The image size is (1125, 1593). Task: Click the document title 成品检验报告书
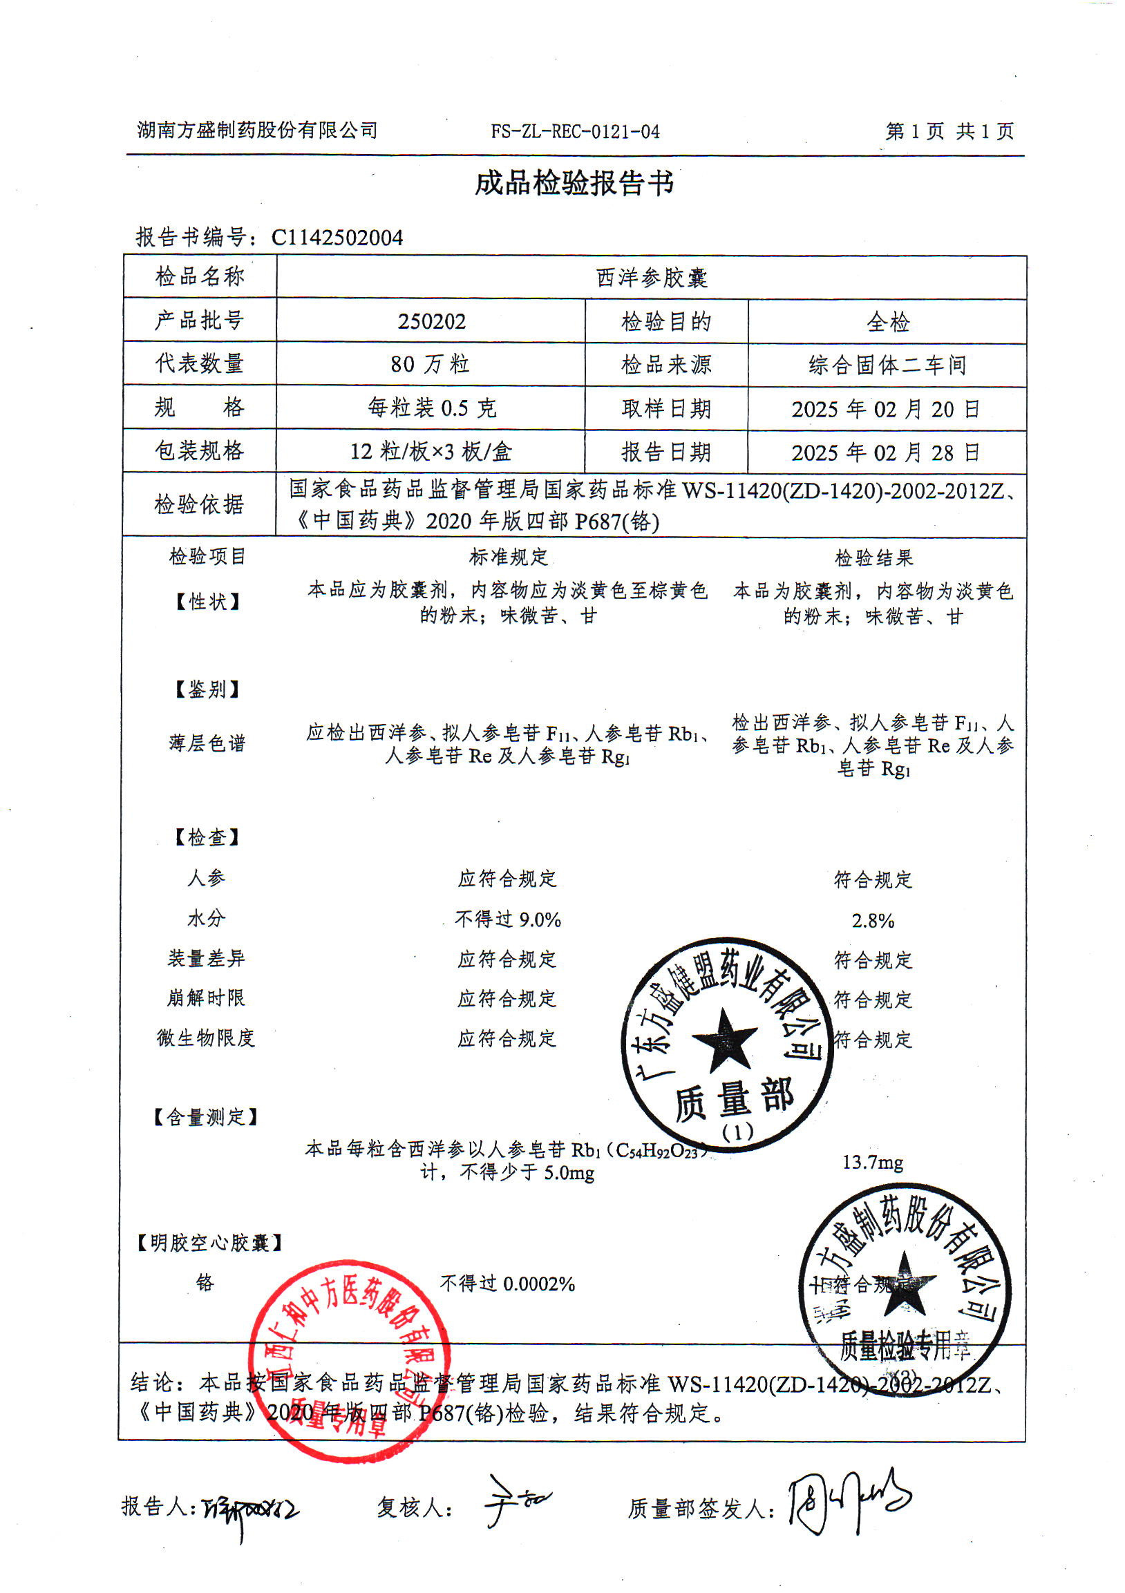(574, 184)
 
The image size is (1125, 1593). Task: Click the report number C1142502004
(337, 238)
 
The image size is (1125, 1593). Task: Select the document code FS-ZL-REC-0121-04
(575, 132)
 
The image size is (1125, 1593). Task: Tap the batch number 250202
(431, 321)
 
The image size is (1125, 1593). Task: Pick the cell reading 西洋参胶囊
(651, 278)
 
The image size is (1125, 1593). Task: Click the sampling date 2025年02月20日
(886, 410)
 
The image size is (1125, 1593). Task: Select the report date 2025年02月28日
(886, 453)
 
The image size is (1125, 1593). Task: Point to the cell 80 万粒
(431, 364)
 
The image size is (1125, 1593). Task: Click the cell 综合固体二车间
(887, 365)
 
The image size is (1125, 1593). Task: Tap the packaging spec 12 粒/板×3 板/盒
(431, 452)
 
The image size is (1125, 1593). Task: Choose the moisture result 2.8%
(872, 921)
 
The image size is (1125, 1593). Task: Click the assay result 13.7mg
(872, 1163)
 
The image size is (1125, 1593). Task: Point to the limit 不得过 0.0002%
(507, 1284)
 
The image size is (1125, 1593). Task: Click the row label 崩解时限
(205, 998)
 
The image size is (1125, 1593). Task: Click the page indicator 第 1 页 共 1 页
(949, 131)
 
